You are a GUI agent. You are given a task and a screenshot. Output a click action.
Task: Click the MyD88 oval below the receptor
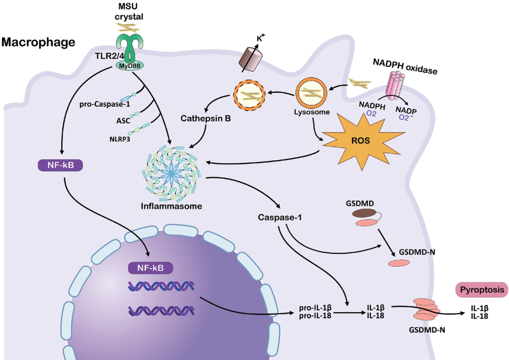click(130, 66)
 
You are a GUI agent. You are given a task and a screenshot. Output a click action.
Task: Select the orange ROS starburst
click(363, 141)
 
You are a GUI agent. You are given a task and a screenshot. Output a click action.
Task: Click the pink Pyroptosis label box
click(482, 290)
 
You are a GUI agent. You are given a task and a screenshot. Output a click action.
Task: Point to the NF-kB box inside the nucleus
click(150, 268)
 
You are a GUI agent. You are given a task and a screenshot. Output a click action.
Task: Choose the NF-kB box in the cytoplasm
click(60, 165)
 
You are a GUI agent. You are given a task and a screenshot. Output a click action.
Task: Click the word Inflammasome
click(171, 206)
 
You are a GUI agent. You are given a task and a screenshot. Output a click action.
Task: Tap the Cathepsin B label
click(206, 118)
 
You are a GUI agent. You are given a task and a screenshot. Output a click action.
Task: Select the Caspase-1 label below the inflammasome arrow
click(280, 217)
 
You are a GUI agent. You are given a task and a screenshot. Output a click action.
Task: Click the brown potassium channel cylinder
click(251, 59)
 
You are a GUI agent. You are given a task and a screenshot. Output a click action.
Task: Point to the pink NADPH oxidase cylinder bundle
click(396, 85)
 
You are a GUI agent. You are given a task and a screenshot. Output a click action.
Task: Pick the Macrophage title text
click(38, 42)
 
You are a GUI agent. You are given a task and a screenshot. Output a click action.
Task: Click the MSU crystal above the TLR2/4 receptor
click(129, 28)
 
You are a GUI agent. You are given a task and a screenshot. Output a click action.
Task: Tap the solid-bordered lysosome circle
click(311, 93)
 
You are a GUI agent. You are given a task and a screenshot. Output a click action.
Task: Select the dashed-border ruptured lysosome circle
click(250, 95)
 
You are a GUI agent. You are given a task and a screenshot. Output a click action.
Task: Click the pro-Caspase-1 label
click(105, 104)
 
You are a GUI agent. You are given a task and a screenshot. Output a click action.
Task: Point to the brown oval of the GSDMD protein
click(364, 213)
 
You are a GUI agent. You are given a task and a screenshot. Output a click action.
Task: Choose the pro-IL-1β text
click(315, 308)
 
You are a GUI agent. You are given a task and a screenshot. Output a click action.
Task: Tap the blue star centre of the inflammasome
click(171, 174)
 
